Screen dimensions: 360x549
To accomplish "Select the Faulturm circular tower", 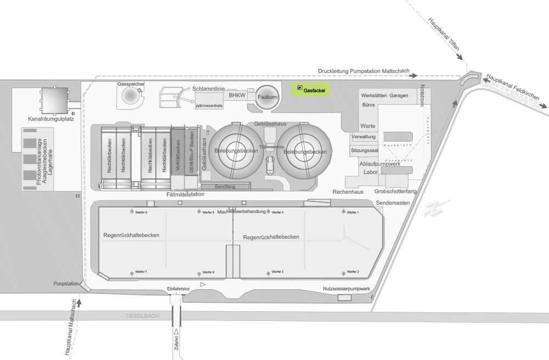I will point(267,97).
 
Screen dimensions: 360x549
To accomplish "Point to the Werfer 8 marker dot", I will point(131,211).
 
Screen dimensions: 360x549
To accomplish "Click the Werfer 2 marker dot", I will point(345,272).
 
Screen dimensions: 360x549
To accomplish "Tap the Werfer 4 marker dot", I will point(269,212).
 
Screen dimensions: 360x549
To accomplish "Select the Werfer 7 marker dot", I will point(131,272).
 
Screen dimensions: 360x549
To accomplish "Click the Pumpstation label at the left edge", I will point(66,284).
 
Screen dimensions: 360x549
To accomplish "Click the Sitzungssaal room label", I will point(365,150).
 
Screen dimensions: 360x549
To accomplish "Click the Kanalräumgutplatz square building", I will point(54,99).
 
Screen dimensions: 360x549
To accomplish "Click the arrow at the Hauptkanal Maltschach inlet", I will point(80,301).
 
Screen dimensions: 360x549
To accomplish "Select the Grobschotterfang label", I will point(395,192).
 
